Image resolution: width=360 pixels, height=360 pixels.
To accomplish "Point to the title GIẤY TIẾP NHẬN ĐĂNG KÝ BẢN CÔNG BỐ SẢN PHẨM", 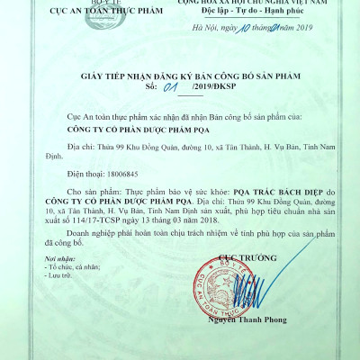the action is point(180,77).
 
